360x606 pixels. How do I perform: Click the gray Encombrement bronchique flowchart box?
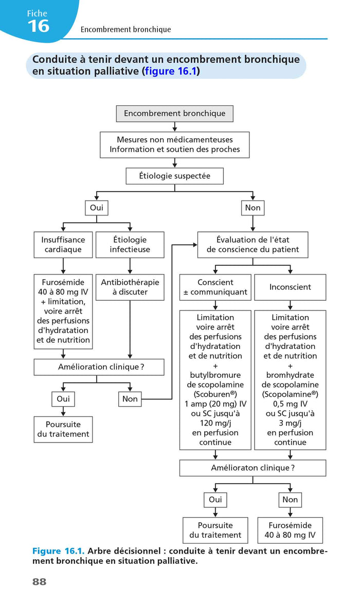[174, 113]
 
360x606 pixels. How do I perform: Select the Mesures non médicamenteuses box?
[174, 144]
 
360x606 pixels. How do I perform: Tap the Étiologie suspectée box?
[174, 176]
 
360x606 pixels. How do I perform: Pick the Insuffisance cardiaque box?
[63, 245]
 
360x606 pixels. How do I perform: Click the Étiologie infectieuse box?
[130, 245]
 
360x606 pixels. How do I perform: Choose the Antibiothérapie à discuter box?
[130, 287]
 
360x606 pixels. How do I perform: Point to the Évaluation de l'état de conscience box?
[253, 245]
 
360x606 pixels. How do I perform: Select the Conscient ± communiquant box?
[215, 287]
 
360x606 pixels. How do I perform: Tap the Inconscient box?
[290, 287]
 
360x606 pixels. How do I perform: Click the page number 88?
[39, 582]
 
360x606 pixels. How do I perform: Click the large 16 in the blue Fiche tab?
[39, 26]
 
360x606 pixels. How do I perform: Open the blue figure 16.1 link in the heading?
[171, 71]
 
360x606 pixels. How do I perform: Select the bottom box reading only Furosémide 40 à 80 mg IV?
[290, 530]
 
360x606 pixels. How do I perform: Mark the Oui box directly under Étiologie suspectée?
[96, 208]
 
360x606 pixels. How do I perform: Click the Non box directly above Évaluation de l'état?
[253, 208]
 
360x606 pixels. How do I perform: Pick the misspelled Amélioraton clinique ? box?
[253, 468]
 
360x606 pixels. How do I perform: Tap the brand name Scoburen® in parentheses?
[215, 394]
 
